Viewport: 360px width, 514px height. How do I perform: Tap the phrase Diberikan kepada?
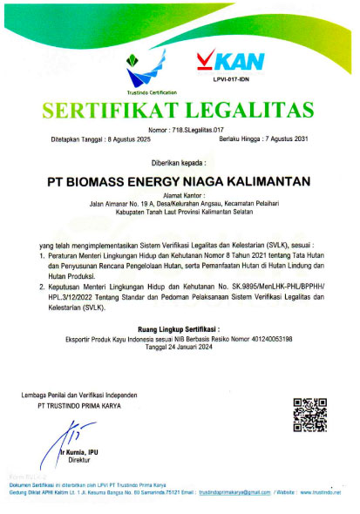(180, 161)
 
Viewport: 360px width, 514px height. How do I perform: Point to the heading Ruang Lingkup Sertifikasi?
(180, 305)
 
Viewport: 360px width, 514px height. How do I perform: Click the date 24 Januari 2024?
(180, 323)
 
